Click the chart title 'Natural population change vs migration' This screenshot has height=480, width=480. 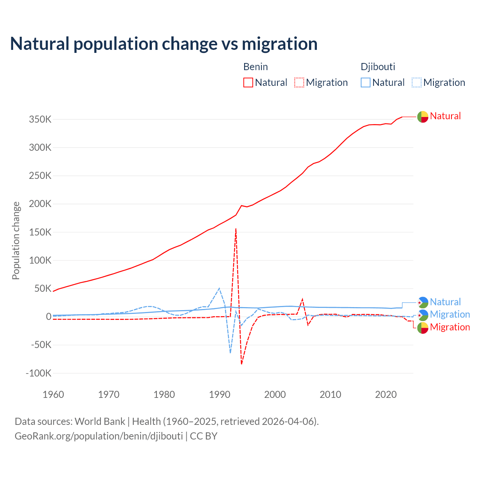pos(164,44)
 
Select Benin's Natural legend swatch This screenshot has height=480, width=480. pos(248,82)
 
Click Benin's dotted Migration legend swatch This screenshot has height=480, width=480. pos(299,82)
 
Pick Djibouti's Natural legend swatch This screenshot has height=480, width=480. pos(366,82)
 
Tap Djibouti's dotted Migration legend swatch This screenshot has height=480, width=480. pos(417,82)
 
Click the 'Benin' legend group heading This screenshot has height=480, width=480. pos(255,67)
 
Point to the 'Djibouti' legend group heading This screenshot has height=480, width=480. pos(378,67)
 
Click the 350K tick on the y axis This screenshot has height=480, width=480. pos(40,120)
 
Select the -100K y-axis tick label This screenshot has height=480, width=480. pos(38,373)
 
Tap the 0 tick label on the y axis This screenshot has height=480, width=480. pos(48,317)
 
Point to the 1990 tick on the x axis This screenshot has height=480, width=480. pos(219,394)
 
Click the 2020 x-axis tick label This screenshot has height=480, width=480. pos(386,394)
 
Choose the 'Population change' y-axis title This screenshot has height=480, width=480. pos(16,240)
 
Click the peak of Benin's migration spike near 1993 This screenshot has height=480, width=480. pos(236,229)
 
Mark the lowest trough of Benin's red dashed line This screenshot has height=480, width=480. pos(241,364)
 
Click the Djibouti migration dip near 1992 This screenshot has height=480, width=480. pos(230,353)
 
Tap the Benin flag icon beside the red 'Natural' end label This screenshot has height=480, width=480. pos(423,117)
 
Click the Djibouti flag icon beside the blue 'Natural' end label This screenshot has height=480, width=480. pos(423,302)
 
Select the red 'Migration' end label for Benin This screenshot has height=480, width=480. pos(450,327)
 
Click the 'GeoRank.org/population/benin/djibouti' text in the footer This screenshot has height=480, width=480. pos(99,436)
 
